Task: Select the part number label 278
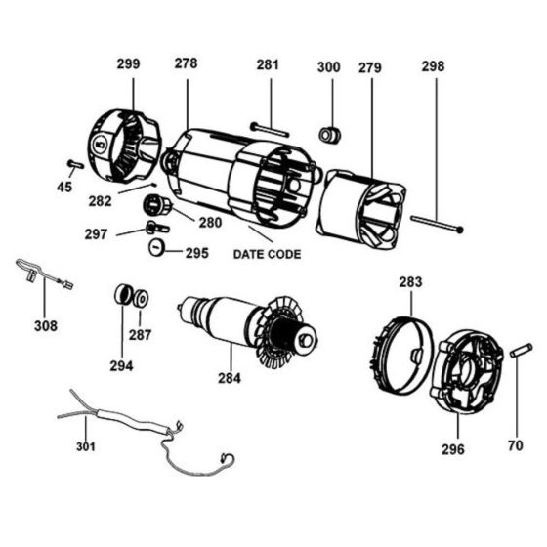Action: tap(186, 63)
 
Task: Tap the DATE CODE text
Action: tap(267, 254)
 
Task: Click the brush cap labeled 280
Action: tap(156, 206)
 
